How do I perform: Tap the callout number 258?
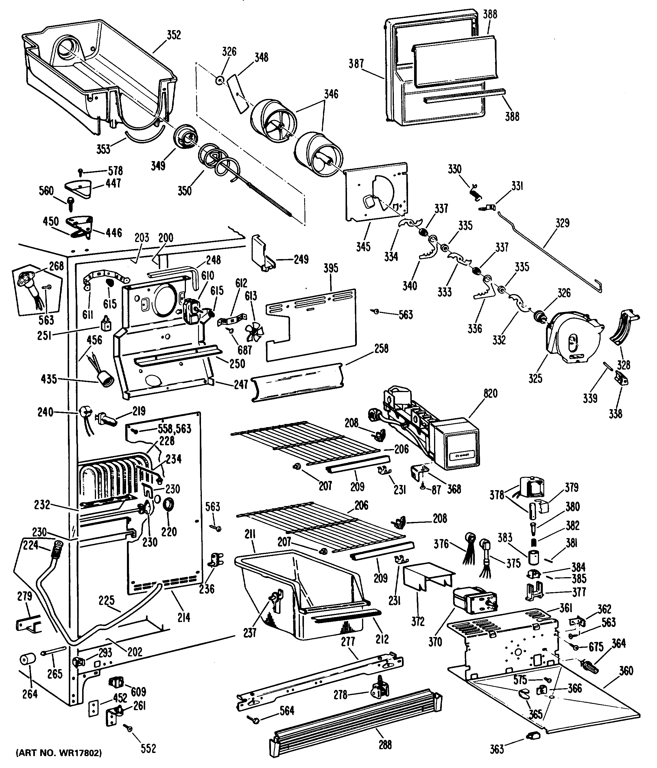[381, 348]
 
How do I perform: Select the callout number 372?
[418, 621]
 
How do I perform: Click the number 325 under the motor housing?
[535, 379]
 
